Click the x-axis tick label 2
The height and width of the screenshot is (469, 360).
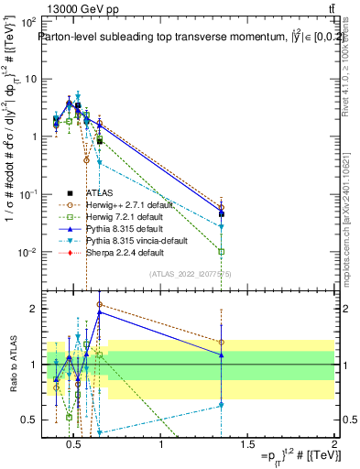point(333,446)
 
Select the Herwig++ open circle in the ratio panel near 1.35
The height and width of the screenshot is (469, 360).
point(221,343)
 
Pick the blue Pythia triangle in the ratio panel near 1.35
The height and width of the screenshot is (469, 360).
point(221,355)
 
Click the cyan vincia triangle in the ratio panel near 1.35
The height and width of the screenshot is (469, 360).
point(221,405)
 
